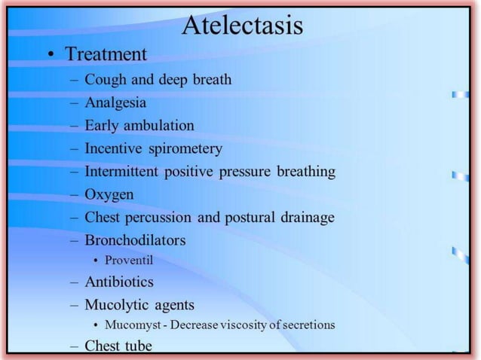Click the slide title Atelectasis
click(x=243, y=26)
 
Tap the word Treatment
click(x=106, y=55)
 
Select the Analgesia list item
click(x=115, y=102)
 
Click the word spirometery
click(x=185, y=149)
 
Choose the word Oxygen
click(x=109, y=195)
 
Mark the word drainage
click(x=304, y=218)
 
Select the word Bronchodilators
click(x=135, y=241)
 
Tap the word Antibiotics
click(x=119, y=282)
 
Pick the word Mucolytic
click(x=116, y=305)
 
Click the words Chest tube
click(x=118, y=346)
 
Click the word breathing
click(x=302, y=172)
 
